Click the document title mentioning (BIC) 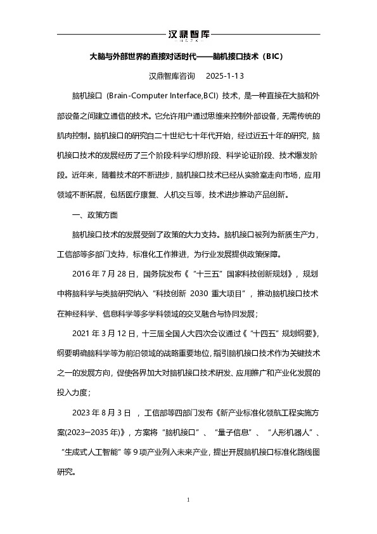coord(188,56)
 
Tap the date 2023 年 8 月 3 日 coord(102,413)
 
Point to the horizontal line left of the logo coord(110,34)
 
